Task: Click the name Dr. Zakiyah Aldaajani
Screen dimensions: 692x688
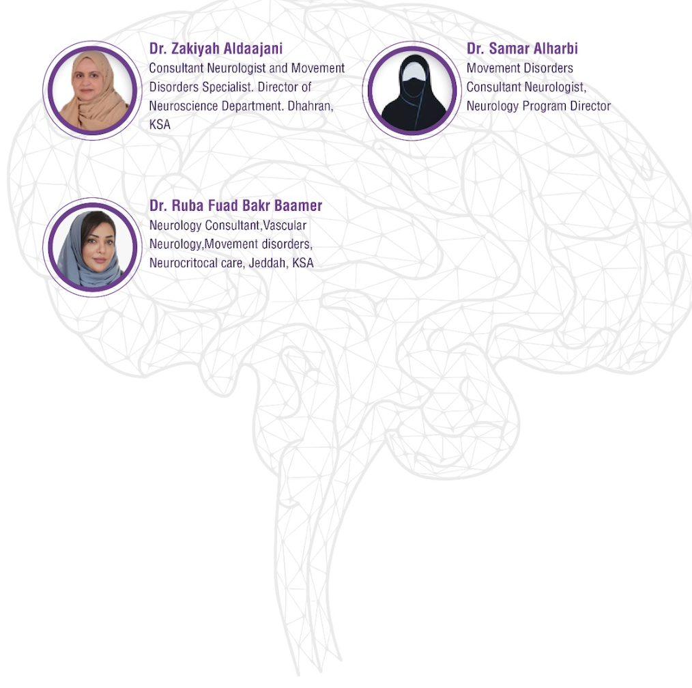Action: (216, 48)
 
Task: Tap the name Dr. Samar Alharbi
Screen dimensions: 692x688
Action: (522, 48)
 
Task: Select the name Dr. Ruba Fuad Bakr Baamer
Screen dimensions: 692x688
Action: (235, 205)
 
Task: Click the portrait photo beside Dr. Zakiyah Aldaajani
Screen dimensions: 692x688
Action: (93, 91)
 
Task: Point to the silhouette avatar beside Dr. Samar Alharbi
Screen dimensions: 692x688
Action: (412, 91)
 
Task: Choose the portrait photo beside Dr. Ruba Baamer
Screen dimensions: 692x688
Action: (93, 247)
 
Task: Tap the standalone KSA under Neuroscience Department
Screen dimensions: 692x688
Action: (160, 124)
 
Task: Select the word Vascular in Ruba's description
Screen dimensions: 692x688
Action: (285, 225)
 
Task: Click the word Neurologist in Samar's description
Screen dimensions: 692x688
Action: (556, 87)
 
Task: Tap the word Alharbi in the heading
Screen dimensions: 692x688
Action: (556, 48)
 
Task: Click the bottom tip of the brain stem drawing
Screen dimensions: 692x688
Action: (299, 674)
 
